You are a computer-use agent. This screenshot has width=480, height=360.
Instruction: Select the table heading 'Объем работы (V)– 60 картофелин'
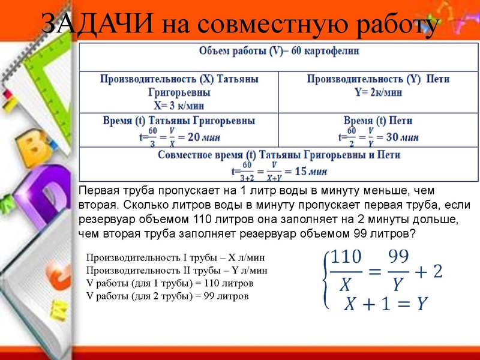(x=279, y=51)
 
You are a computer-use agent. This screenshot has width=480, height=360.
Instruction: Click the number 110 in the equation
(x=346, y=257)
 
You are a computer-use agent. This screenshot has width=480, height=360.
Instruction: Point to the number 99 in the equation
(x=398, y=257)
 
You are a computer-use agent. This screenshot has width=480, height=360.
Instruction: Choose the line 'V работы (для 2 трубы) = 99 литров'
(x=167, y=296)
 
